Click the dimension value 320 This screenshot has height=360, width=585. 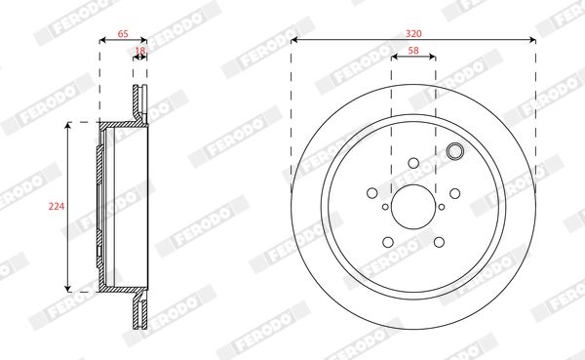point(413,33)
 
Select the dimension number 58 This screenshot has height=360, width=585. point(413,51)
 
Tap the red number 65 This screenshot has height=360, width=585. point(123,34)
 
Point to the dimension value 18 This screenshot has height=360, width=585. point(139,51)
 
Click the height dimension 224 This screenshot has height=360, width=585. point(57,206)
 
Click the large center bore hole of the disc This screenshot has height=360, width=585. point(413,207)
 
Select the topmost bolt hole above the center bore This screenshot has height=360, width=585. point(413,163)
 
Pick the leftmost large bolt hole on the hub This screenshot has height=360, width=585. point(372,193)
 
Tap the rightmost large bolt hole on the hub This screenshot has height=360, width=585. point(454,193)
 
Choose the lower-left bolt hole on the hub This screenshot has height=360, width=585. point(388,242)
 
